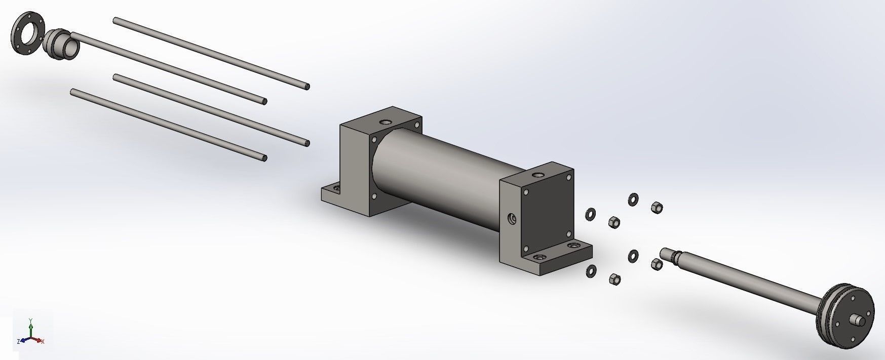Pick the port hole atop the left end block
(386, 123)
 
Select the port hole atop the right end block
(537, 175)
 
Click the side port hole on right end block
(512, 219)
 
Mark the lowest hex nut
(614, 278)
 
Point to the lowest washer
(591, 271)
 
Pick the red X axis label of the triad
(43, 342)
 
